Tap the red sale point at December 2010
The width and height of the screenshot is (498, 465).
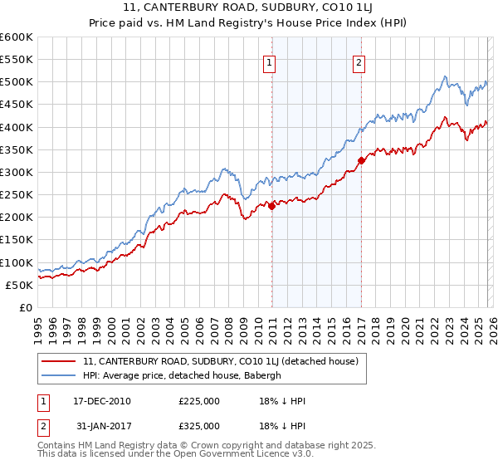271,207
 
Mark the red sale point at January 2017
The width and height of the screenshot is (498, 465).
361,161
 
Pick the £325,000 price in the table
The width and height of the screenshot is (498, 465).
199,426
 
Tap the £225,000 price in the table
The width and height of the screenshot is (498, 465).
199,401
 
